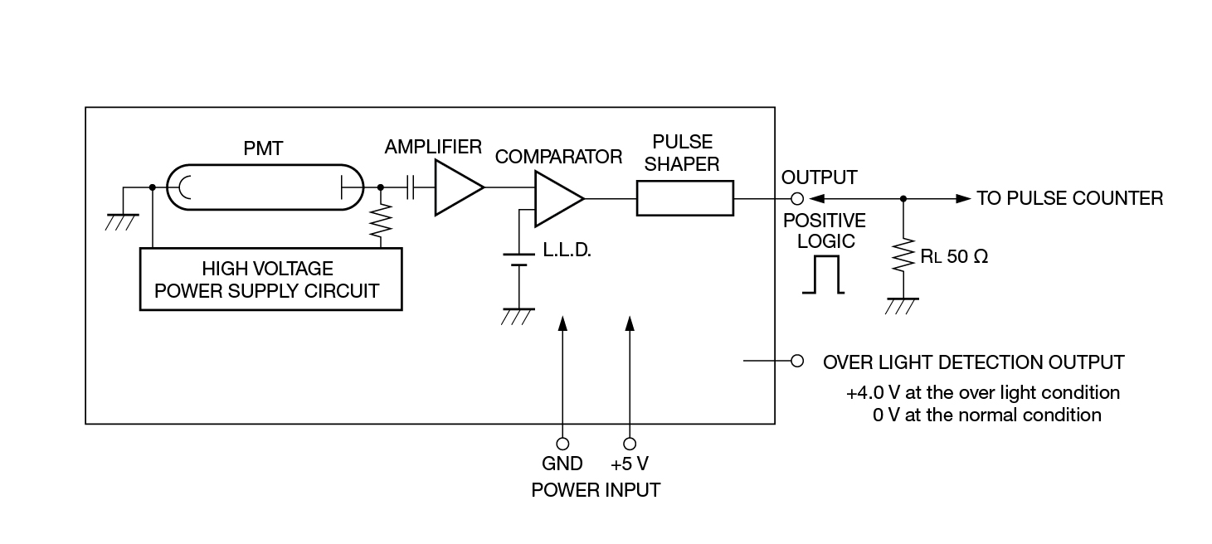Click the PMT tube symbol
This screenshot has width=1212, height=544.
coord(265,189)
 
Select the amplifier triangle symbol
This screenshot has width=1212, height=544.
coord(457,189)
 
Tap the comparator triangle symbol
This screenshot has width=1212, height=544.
coord(557,199)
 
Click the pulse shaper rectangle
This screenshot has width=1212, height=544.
coord(685,199)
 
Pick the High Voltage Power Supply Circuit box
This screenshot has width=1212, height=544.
coord(270,279)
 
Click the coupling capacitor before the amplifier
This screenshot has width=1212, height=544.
coord(410,189)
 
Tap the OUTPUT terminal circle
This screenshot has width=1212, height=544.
coord(796,199)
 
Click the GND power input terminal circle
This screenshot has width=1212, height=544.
coord(562,443)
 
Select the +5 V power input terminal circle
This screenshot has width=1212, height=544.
coord(630,443)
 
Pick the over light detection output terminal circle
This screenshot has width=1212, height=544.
coord(797,362)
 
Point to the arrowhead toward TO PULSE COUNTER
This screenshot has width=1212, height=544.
coord(962,199)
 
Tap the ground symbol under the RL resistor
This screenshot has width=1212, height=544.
coord(902,305)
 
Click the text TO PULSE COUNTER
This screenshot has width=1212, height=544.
coord(1069,198)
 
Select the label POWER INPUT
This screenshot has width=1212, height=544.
coord(596,490)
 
